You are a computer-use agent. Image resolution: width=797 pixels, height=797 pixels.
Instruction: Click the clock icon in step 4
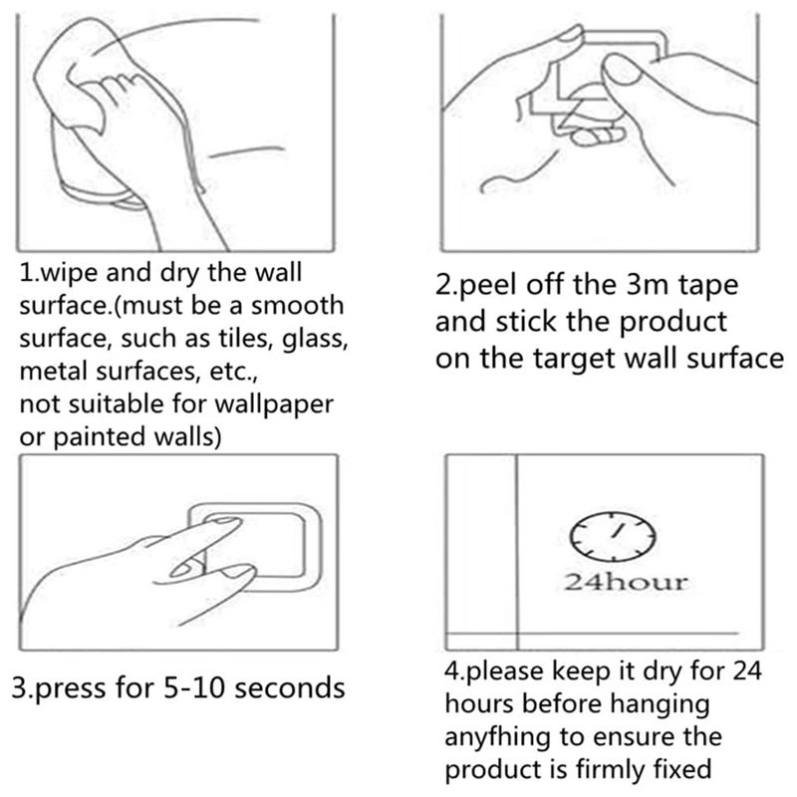612,537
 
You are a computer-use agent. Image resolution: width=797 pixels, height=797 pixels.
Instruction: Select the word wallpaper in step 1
274,405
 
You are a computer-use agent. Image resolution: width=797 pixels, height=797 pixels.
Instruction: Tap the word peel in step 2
486,285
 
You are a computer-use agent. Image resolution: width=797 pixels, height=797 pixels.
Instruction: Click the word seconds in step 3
290,687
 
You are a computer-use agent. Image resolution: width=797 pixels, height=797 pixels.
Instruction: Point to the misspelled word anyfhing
497,738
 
